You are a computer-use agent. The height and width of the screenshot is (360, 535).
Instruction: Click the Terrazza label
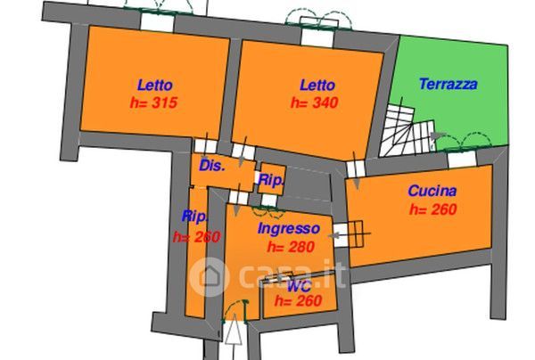tap(448, 85)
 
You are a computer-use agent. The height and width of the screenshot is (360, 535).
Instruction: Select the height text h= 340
tap(313, 102)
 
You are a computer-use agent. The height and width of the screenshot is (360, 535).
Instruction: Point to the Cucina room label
tap(432, 191)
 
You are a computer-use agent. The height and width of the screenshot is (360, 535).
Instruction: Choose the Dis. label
tap(212, 166)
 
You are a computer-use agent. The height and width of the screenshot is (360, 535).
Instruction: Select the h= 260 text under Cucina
tap(432, 210)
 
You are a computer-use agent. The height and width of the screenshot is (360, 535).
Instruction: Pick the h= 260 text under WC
tap(298, 302)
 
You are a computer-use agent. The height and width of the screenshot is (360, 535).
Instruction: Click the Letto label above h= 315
tap(156, 86)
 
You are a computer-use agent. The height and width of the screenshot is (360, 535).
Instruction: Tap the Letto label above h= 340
tap(317, 86)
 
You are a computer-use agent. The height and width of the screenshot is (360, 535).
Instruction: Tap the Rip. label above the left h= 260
tap(195, 217)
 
